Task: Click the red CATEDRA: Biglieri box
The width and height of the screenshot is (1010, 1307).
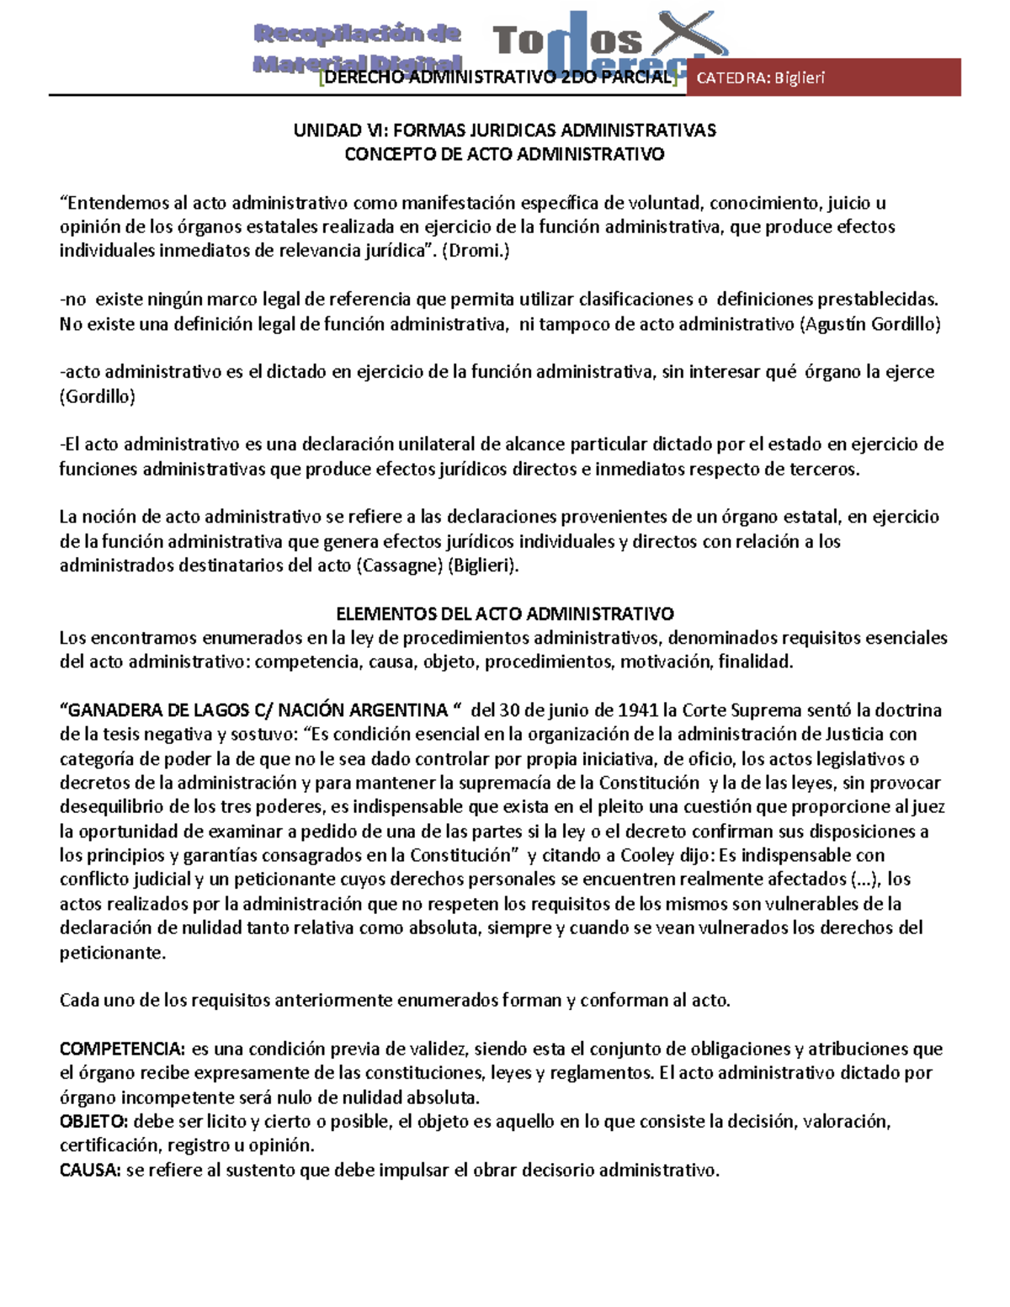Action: click(823, 77)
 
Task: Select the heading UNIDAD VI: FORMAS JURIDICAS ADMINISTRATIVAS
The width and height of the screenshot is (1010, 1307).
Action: click(504, 130)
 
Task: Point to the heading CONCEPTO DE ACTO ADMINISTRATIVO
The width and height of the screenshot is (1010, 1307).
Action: click(505, 154)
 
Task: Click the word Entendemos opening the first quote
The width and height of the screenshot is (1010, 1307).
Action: click(114, 203)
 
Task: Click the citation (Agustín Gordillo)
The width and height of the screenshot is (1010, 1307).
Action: click(869, 324)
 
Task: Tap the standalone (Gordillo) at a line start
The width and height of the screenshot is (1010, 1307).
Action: click(97, 396)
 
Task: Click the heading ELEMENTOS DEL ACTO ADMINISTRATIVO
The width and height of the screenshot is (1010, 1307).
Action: click(505, 614)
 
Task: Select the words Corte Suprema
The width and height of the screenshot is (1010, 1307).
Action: click(735, 709)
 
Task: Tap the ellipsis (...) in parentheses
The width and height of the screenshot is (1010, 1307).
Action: click(861, 879)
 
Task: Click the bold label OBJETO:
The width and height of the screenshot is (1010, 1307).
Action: click(94, 1121)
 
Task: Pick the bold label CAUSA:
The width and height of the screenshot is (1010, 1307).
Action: click(90, 1170)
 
